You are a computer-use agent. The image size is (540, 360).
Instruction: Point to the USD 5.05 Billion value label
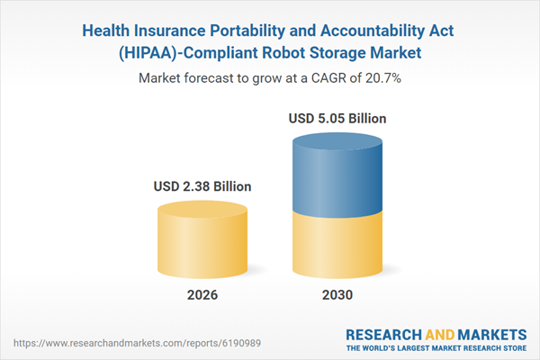point(337,118)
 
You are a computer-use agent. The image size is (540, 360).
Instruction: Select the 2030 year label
point(337,295)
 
